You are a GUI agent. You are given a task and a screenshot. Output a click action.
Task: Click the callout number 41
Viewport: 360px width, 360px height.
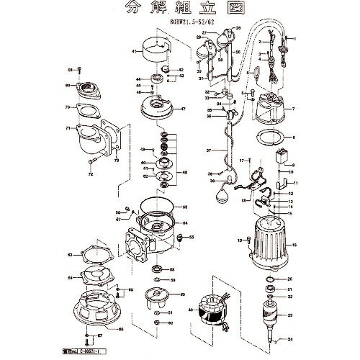pos(134,52)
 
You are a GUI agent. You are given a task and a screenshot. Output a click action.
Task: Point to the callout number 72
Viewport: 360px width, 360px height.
pos(91,174)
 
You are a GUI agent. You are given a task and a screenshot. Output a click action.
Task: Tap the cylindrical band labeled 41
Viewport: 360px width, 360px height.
pos(161,53)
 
